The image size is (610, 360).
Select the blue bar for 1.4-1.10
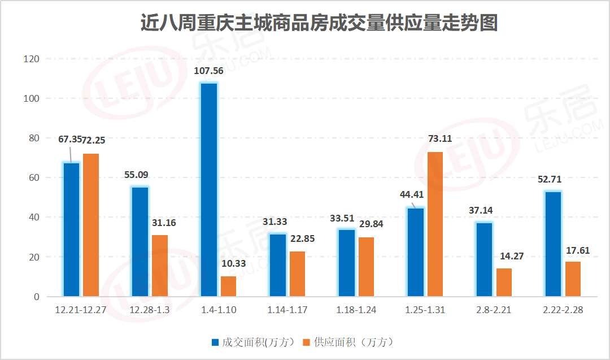click(x=209, y=189)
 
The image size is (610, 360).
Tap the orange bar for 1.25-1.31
click(x=435, y=224)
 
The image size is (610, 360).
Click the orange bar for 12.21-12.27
click(x=91, y=225)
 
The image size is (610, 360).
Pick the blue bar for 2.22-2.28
click(x=554, y=244)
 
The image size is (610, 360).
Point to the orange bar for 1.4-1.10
click(x=228, y=286)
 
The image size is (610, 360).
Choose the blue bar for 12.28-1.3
click(x=140, y=241)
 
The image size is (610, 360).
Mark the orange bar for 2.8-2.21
click(x=504, y=282)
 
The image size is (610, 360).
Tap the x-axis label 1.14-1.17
click(x=287, y=311)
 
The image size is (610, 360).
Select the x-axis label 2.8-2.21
click(x=495, y=311)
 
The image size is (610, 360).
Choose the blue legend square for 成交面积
click(x=215, y=342)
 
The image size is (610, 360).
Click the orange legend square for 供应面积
click(x=307, y=342)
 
